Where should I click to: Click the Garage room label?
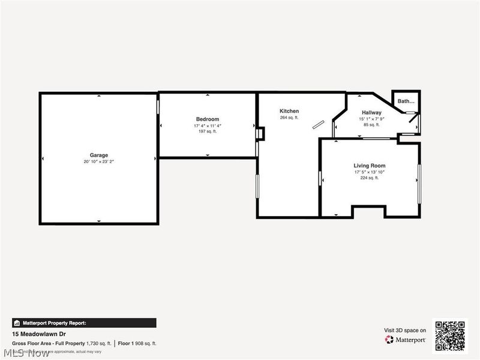99,155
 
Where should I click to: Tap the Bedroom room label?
208,119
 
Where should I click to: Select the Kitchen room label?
289,111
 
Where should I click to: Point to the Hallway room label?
371,112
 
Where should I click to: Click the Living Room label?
369,166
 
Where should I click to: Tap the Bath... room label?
406,101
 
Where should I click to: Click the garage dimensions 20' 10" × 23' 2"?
99,162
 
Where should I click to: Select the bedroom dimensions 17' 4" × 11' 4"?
208,125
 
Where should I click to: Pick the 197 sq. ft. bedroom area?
208,131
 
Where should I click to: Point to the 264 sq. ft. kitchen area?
289,118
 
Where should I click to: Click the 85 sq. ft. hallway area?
371,125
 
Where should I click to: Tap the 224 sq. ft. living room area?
369,178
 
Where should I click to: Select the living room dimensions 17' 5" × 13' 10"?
369,172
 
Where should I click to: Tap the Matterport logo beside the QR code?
406,340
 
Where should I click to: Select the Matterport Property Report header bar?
84,323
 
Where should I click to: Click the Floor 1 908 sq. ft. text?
137,343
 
